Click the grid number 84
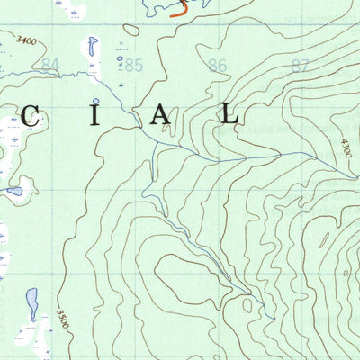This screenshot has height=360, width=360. [x=50, y=65]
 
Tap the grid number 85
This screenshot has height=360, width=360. [x=134, y=65]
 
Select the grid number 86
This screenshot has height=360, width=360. [x=217, y=65]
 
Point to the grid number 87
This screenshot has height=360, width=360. [x=300, y=65]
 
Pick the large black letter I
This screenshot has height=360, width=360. [x=94, y=115]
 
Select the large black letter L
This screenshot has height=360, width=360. [x=230, y=115]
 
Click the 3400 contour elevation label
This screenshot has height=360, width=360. [x=27, y=40]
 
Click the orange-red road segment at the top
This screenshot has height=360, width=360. [x=181, y=12]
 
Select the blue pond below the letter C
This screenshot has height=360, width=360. [x=13, y=191]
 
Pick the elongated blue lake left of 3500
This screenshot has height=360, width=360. [x=32, y=301]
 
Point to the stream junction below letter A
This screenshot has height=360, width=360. [x=157, y=143]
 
